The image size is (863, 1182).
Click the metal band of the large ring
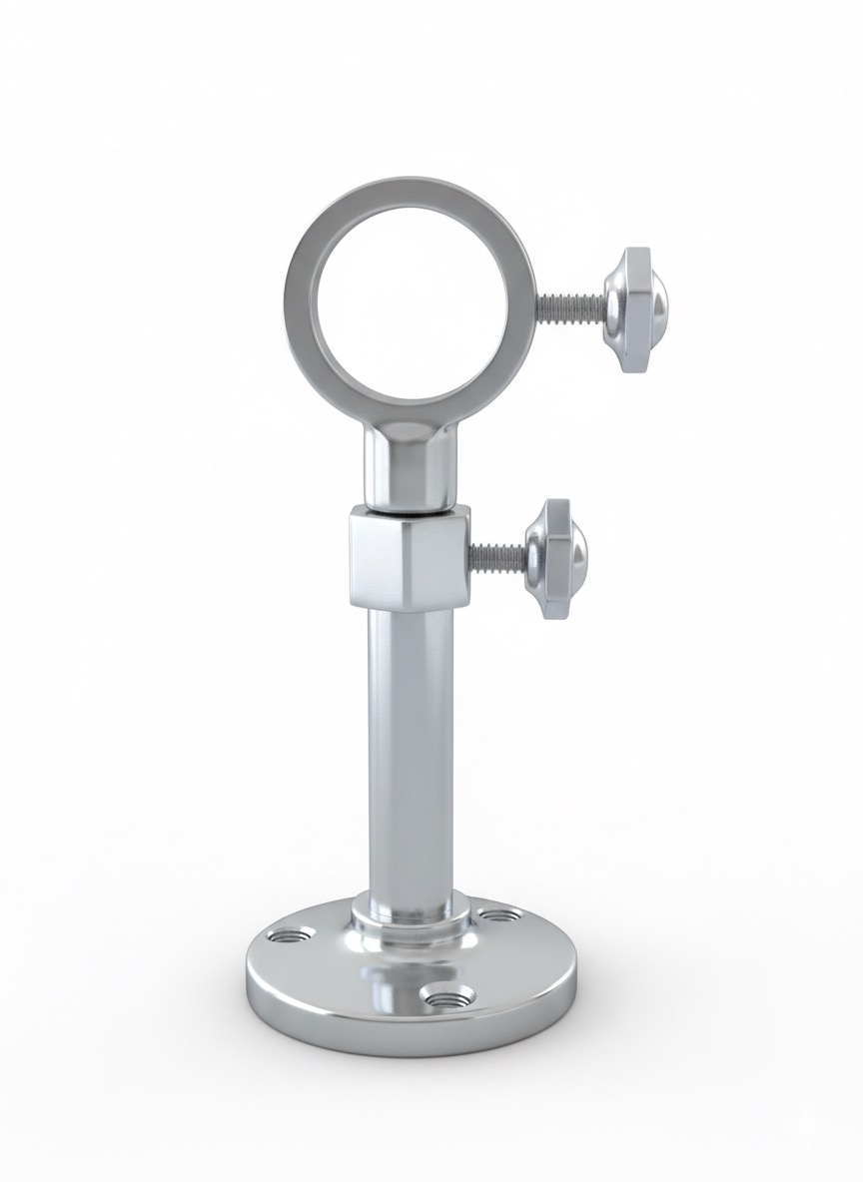[300, 299]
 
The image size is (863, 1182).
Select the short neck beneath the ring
[410, 469]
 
